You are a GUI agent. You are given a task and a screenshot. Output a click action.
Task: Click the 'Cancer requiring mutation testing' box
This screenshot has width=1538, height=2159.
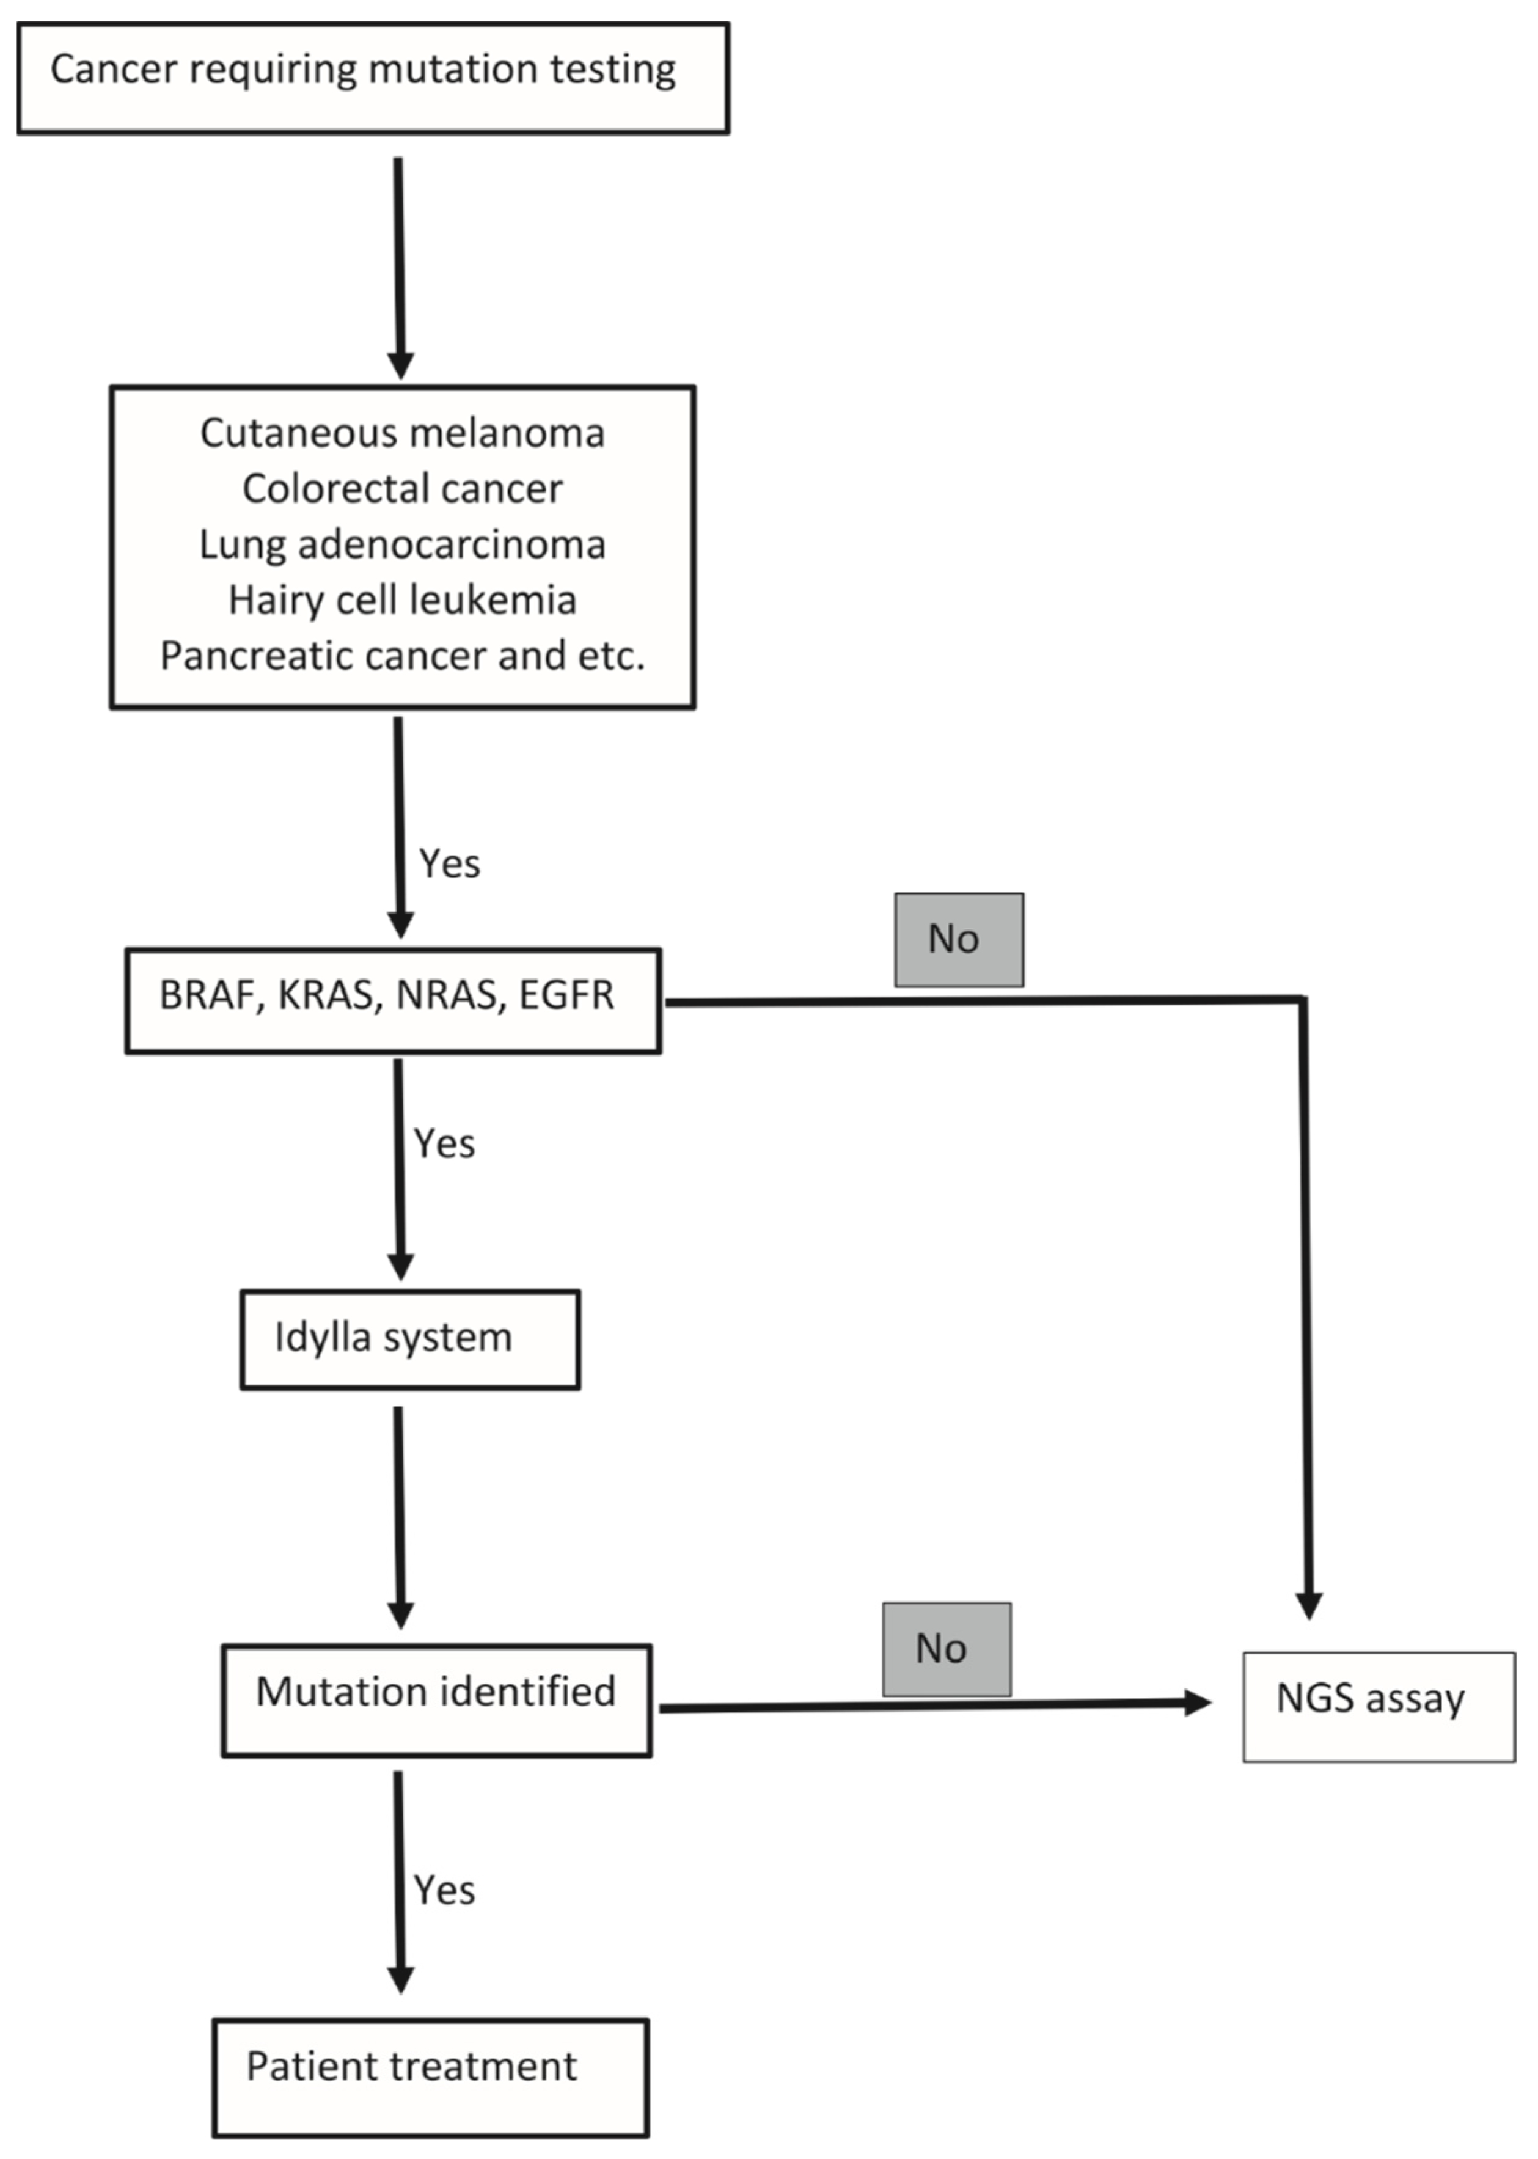click(373, 77)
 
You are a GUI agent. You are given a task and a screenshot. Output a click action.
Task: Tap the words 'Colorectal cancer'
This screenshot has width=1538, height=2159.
click(401, 489)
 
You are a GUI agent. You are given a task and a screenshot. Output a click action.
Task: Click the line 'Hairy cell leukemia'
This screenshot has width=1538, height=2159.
click(401, 600)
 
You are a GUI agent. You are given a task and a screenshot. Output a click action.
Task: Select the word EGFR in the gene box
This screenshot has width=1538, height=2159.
click(567, 995)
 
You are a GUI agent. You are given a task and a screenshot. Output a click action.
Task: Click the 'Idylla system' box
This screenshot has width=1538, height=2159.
click(409, 1339)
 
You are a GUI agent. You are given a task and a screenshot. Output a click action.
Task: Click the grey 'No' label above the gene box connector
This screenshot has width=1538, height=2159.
click(958, 939)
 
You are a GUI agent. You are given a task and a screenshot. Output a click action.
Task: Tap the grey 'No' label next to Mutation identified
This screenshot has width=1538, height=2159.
click(946, 1649)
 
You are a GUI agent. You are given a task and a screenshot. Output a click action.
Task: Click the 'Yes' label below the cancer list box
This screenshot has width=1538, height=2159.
click(450, 863)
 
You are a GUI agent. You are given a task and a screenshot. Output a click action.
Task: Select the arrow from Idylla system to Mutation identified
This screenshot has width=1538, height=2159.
click(400, 1515)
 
